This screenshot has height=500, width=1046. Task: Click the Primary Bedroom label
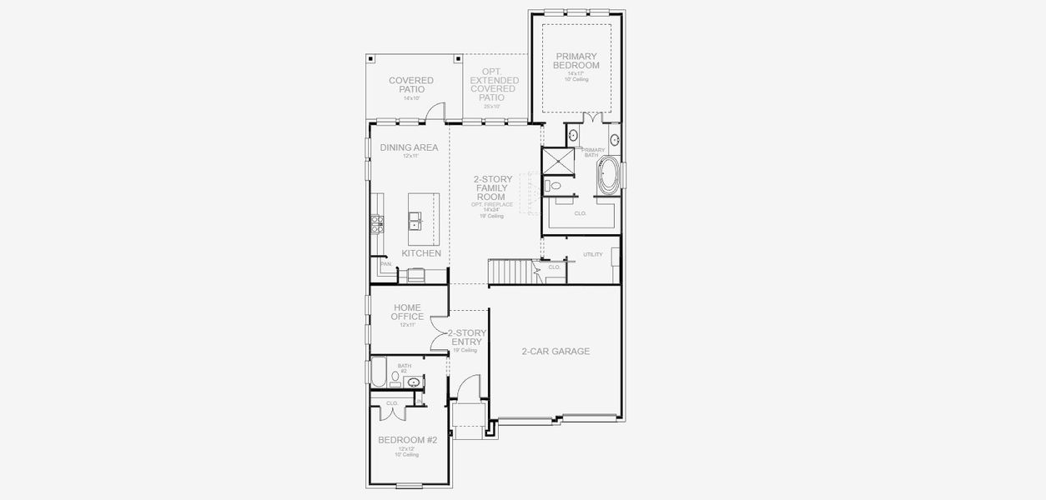point(577,61)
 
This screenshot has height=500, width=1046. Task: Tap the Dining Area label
point(409,147)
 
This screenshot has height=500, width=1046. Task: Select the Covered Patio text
point(411,85)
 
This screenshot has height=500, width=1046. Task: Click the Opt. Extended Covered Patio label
point(494,85)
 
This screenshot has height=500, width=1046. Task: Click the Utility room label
point(593,254)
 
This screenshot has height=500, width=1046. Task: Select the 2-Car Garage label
point(556,351)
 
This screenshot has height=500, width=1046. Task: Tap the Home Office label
point(407,312)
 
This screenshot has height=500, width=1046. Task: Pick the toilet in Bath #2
point(395,377)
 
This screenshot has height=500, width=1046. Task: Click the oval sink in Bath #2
point(414,382)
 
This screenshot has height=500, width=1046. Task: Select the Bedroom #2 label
point(408,439)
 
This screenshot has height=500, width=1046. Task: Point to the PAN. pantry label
point(385,264)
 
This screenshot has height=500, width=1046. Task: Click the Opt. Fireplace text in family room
point(492,204)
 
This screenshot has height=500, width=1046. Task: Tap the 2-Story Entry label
point(467,337)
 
